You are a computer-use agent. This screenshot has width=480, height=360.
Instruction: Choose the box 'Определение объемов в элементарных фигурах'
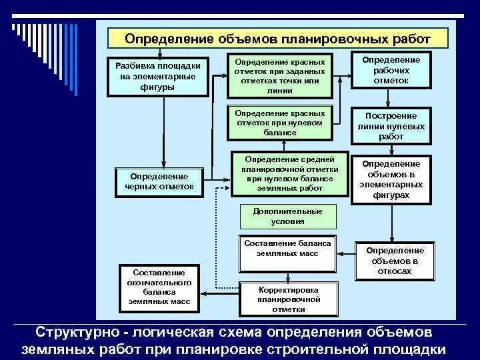pos(391,179)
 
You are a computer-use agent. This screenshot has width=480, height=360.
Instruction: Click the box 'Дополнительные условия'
pos(287,216)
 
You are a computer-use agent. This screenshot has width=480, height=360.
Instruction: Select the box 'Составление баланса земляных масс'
pos(287,253)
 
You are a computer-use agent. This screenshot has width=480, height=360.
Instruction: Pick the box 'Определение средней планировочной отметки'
pos(290,173)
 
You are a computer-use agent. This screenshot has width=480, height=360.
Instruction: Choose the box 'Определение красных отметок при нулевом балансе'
pos(280,123)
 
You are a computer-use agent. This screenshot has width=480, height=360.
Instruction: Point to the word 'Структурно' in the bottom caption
pos(73,332)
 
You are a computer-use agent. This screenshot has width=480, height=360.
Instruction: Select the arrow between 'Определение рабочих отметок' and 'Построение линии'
pos(391,98)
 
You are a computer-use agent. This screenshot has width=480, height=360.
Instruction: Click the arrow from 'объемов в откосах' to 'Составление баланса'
pos(347,253)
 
